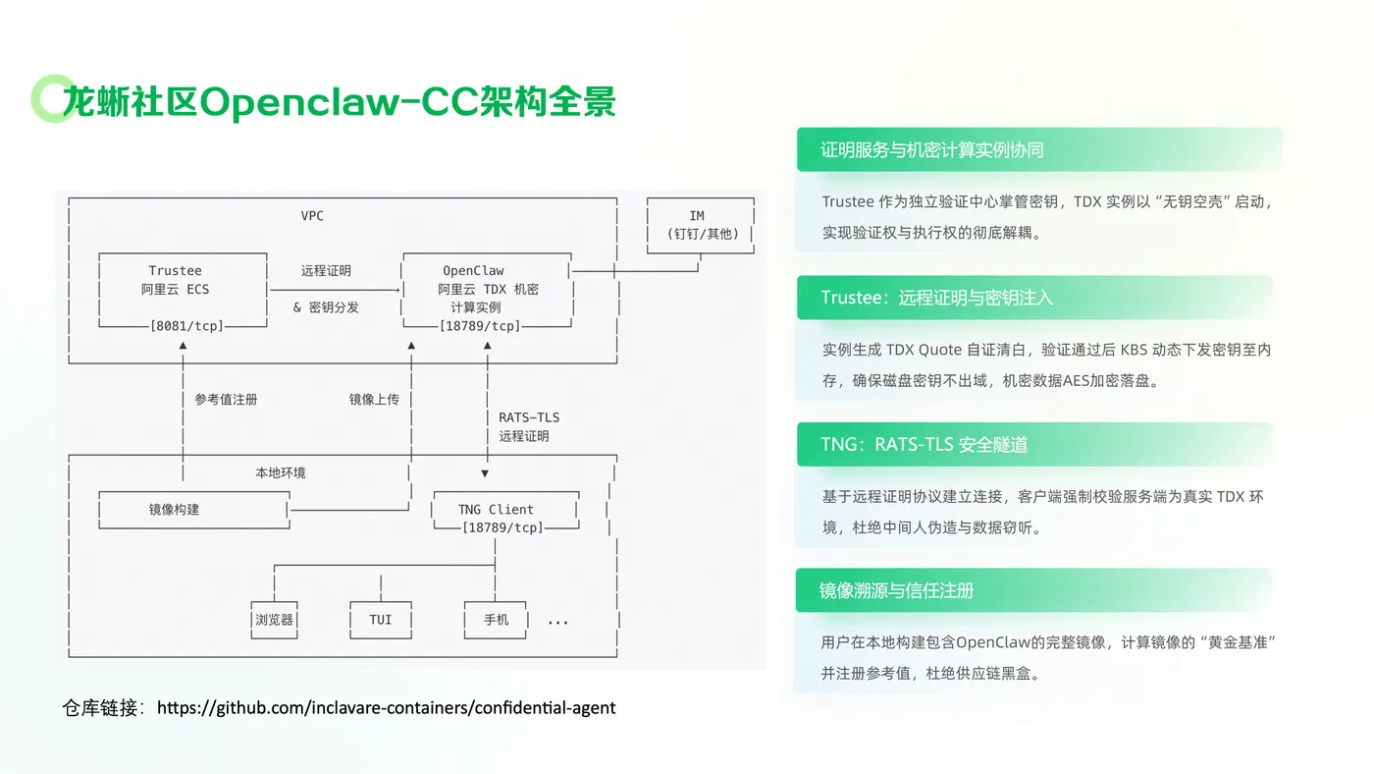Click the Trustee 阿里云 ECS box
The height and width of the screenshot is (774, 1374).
click(x=183, y=290)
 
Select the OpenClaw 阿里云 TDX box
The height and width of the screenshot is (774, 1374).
click(x=487, y=290)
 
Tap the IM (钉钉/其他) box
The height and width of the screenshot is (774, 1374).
click(x=701, y=225)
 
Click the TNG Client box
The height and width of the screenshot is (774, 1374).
click(x=505, y=510)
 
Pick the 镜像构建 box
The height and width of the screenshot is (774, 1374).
click(x=194, y=510)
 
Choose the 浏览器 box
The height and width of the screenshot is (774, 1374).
click(x=274, y=620)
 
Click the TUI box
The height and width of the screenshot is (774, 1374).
click(x=381, y=620)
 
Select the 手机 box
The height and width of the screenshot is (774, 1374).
click(x=496, y=620)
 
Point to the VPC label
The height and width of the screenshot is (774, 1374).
click(x=312, y=216)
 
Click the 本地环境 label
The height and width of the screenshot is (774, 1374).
click(x=281, y=472)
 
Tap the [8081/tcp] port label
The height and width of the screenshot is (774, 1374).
click(x=187, y=326)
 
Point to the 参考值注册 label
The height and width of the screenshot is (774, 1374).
click(x=226, y=400)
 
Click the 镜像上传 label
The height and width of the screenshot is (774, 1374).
click(x=374, y=400)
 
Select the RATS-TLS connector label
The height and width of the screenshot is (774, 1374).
click(x=529, y=417)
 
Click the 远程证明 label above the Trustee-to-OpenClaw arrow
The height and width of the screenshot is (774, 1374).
click(x=326, y=271)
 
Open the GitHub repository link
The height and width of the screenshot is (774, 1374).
click(x=386, y=708)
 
